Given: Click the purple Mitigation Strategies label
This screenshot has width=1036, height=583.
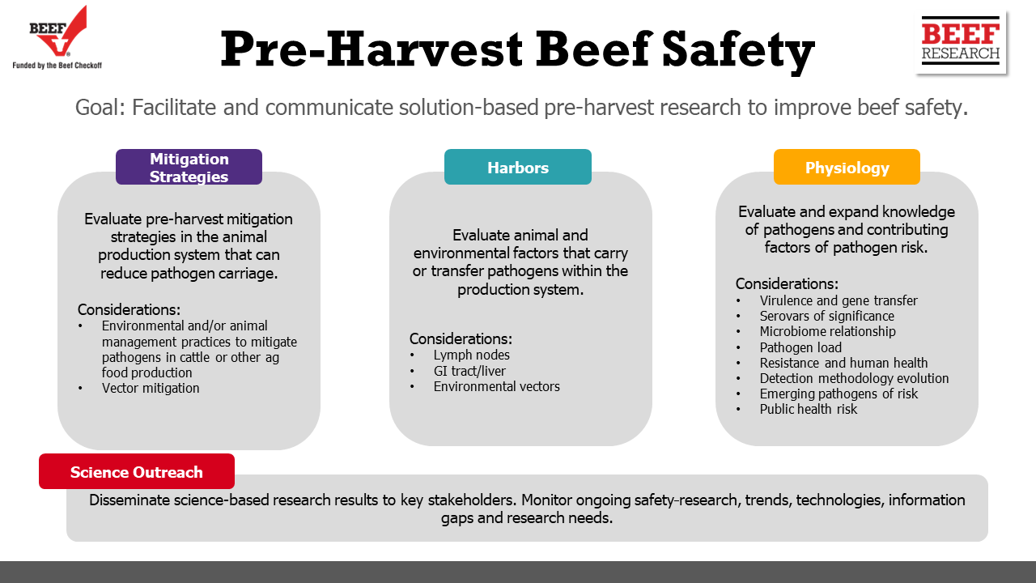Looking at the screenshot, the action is pyautogui.click(x=189, y=167).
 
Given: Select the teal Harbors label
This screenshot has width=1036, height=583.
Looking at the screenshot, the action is pyautogui.click(x=517, y=167).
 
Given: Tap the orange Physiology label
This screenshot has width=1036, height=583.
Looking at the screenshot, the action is pyautogui.click(x=847, y=167).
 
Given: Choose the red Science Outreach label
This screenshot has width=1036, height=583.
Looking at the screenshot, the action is pyautogui.click(x=137, y=471).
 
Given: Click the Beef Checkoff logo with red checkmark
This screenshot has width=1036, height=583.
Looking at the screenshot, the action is pyautogui.click(x=57, y=38).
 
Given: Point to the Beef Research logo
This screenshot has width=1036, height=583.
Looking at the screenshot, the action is pyautogui.click(x=961, y=40).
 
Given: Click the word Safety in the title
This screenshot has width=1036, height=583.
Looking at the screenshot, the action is pyautogui.click(x=738, y=50).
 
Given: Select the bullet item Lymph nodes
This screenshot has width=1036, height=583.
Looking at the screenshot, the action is pyautogui.click(x=471, y=355).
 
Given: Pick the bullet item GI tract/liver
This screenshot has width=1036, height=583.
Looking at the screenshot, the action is pyautogui.click(x=469, y=371).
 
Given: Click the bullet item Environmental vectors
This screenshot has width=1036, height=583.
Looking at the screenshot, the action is pyautogui.click(x=496, y=386).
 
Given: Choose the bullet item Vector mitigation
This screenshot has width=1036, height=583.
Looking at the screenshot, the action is pyautogui.click(x=151, y=388).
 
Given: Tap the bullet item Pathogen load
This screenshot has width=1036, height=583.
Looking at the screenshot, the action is pyautogui.click(x=800, y=347).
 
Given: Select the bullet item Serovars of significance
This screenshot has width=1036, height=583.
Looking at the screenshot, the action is pyautogui.click(x=827, y=316).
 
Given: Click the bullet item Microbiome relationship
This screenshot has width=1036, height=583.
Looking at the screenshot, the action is pyautogui.click(x=827, y=331).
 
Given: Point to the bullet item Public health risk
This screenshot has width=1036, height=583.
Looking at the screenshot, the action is pyautogui.click(x=808, y=409).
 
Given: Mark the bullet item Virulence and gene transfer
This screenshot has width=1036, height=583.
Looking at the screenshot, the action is pyautogui.click(x=839, y=300).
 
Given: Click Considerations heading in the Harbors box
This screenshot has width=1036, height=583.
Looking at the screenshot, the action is pyautogui.click(x=461, y=338).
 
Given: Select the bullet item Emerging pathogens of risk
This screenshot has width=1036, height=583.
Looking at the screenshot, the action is pyautogui.click(x=839, y=394).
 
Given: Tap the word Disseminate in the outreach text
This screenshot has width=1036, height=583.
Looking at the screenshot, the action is pyautogui.click(x=129, y=500).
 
